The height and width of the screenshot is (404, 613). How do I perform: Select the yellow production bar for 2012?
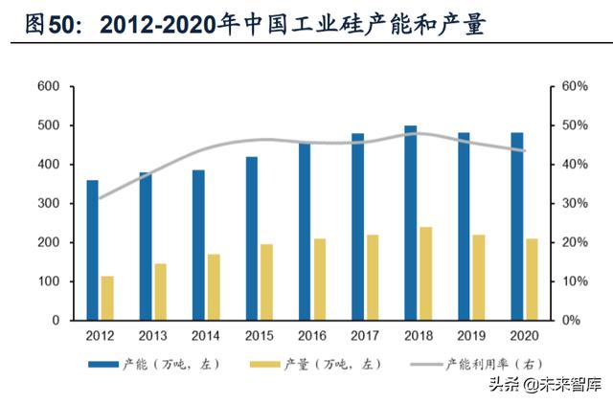point(107,298)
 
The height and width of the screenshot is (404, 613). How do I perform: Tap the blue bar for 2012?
point(93,250)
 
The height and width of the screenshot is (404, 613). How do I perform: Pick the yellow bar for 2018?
point(424,274)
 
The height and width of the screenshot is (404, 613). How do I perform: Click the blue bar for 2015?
point(251,238)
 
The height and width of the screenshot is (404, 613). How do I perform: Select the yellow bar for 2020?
point(531,280)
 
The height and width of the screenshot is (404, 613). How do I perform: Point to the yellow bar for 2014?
point(214,287)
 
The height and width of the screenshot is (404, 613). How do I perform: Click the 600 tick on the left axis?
point(49,87)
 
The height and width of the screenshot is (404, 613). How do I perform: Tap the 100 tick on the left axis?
point(49,281)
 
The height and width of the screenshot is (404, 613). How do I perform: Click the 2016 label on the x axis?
point(311,337)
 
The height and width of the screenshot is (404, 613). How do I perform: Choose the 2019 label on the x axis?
point(470,337)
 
